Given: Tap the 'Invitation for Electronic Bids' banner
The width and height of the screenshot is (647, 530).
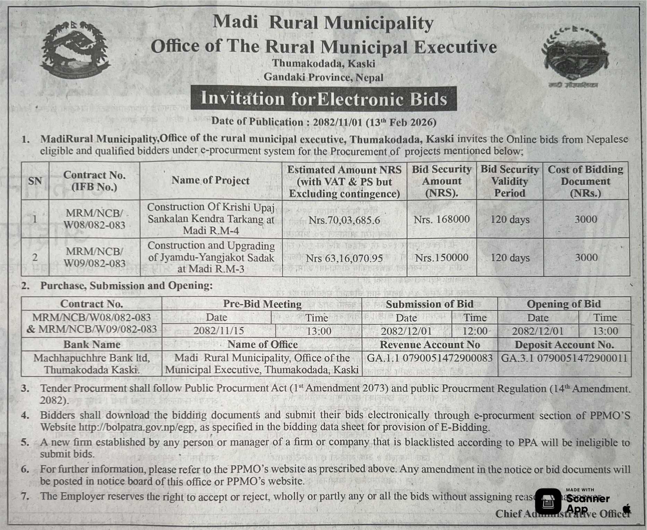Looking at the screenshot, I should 323,99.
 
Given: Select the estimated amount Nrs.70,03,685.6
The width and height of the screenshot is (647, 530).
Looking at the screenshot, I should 344,220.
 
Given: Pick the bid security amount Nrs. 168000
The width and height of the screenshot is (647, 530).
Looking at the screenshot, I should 441,219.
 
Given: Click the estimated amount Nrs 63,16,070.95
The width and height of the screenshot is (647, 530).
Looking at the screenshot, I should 344,258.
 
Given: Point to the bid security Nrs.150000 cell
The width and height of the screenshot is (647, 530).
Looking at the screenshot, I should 441,258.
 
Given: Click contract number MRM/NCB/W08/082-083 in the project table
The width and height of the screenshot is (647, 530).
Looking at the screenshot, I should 94,219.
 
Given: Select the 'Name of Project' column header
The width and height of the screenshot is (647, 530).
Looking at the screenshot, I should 210,180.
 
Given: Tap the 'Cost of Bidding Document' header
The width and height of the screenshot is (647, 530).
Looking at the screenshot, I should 585,181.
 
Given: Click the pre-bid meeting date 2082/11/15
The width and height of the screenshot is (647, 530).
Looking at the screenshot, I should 218,330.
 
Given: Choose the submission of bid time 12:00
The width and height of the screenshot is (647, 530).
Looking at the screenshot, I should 475,331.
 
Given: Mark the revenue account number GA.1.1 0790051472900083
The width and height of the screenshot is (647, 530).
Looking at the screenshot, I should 430,358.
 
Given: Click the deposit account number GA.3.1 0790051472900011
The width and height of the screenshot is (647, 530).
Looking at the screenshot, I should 564,358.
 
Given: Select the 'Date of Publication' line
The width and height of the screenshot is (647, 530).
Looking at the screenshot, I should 323,122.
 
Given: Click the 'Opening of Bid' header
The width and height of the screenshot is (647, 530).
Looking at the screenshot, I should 563,304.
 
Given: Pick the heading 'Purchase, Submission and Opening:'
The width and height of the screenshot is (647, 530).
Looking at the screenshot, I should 126,286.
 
